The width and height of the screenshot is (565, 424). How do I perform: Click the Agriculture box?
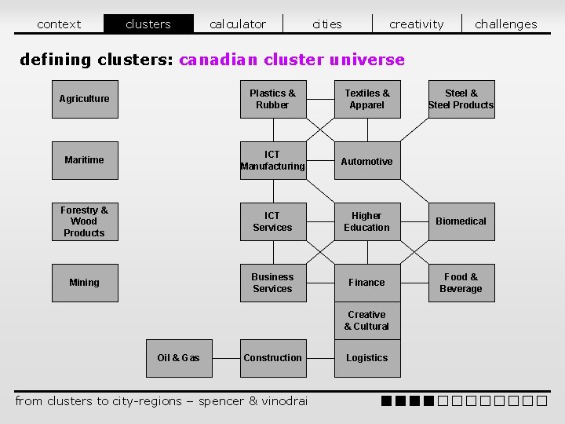85,99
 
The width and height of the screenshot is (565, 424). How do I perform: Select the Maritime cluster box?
85,160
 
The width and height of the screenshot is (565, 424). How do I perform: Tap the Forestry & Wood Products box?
85,221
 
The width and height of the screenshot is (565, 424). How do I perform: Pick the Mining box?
85,283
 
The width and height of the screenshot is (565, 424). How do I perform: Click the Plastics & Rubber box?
272,99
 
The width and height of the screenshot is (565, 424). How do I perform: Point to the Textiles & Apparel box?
367,99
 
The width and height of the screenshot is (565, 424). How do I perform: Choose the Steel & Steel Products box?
461,99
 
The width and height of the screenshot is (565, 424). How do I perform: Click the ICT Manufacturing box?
272,160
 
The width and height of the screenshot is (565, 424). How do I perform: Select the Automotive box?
367,161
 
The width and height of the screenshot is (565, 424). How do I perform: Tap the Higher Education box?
367,221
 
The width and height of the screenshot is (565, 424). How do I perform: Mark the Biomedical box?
461,221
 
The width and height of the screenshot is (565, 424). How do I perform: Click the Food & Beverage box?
461,283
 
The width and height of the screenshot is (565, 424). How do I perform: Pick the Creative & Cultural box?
367,320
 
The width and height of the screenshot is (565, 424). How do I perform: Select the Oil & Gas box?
178,358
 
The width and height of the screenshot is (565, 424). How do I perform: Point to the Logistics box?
367,358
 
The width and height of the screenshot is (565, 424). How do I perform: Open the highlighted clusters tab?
148,24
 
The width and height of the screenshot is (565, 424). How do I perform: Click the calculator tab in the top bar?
238,24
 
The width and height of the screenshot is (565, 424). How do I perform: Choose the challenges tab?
506,24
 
